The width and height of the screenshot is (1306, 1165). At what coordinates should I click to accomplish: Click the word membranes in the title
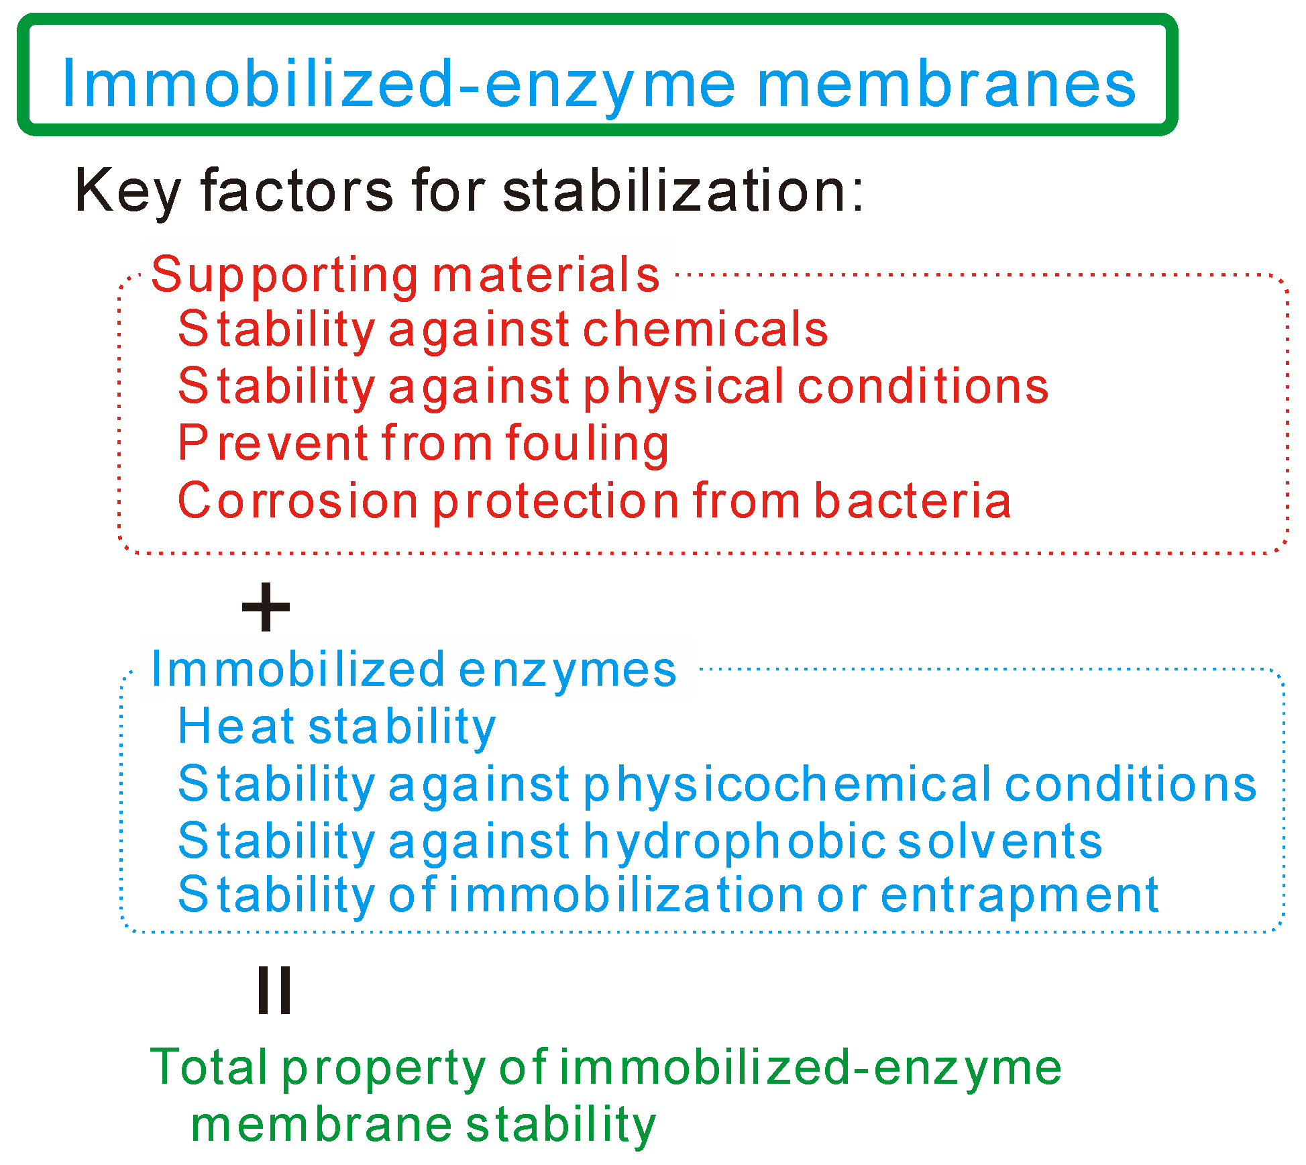946,85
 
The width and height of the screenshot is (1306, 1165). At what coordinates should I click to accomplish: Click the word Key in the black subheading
127,191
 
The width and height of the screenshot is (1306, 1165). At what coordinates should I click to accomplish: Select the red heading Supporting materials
405,275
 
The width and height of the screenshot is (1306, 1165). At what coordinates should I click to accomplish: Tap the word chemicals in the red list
706,330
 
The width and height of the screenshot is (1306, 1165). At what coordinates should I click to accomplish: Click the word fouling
587,444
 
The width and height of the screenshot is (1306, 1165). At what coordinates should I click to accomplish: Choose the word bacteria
912,501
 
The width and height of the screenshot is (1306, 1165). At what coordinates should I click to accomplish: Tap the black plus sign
266,607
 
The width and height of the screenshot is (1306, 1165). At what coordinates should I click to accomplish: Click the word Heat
236,727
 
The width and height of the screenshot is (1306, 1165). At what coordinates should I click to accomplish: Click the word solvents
999,842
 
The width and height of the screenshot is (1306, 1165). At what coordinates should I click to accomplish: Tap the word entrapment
1020,896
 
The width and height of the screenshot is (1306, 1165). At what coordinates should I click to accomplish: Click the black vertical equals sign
274,990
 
